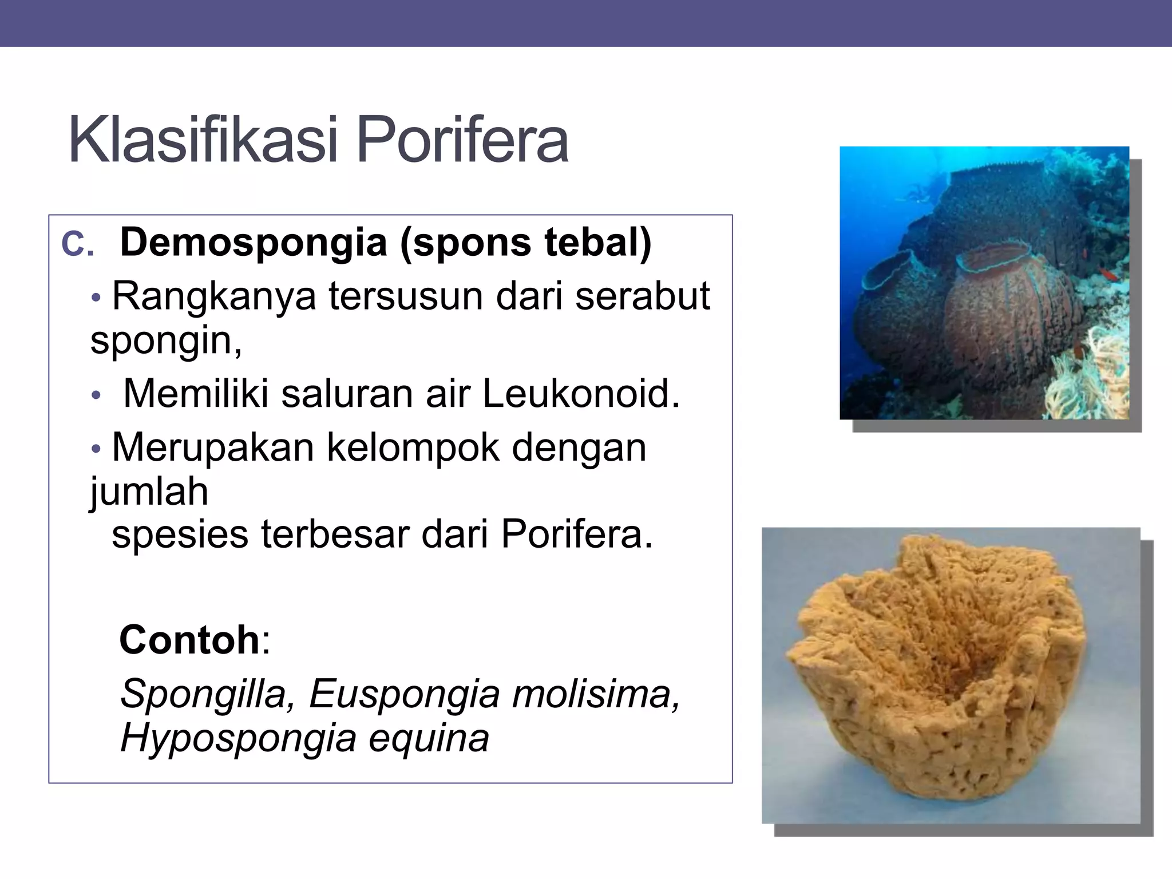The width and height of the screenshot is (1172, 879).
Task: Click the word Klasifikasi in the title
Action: [203, 140]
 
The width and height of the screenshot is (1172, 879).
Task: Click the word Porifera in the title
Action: [462, 140]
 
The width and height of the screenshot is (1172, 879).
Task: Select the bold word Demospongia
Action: [254, 242]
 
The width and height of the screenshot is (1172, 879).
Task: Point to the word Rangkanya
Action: [213, 296]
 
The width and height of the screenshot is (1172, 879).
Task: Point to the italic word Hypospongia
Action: [239, 738]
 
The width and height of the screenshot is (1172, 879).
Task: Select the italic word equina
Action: [429, 739]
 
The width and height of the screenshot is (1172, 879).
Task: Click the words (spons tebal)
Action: [526, 242]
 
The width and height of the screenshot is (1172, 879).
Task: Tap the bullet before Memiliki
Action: [96, 395]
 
